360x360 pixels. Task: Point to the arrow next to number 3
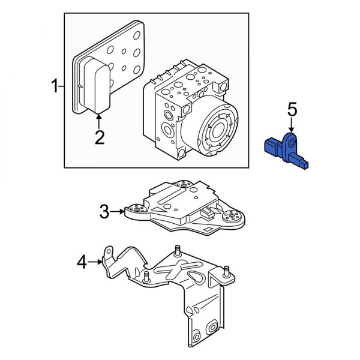(119, 211)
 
